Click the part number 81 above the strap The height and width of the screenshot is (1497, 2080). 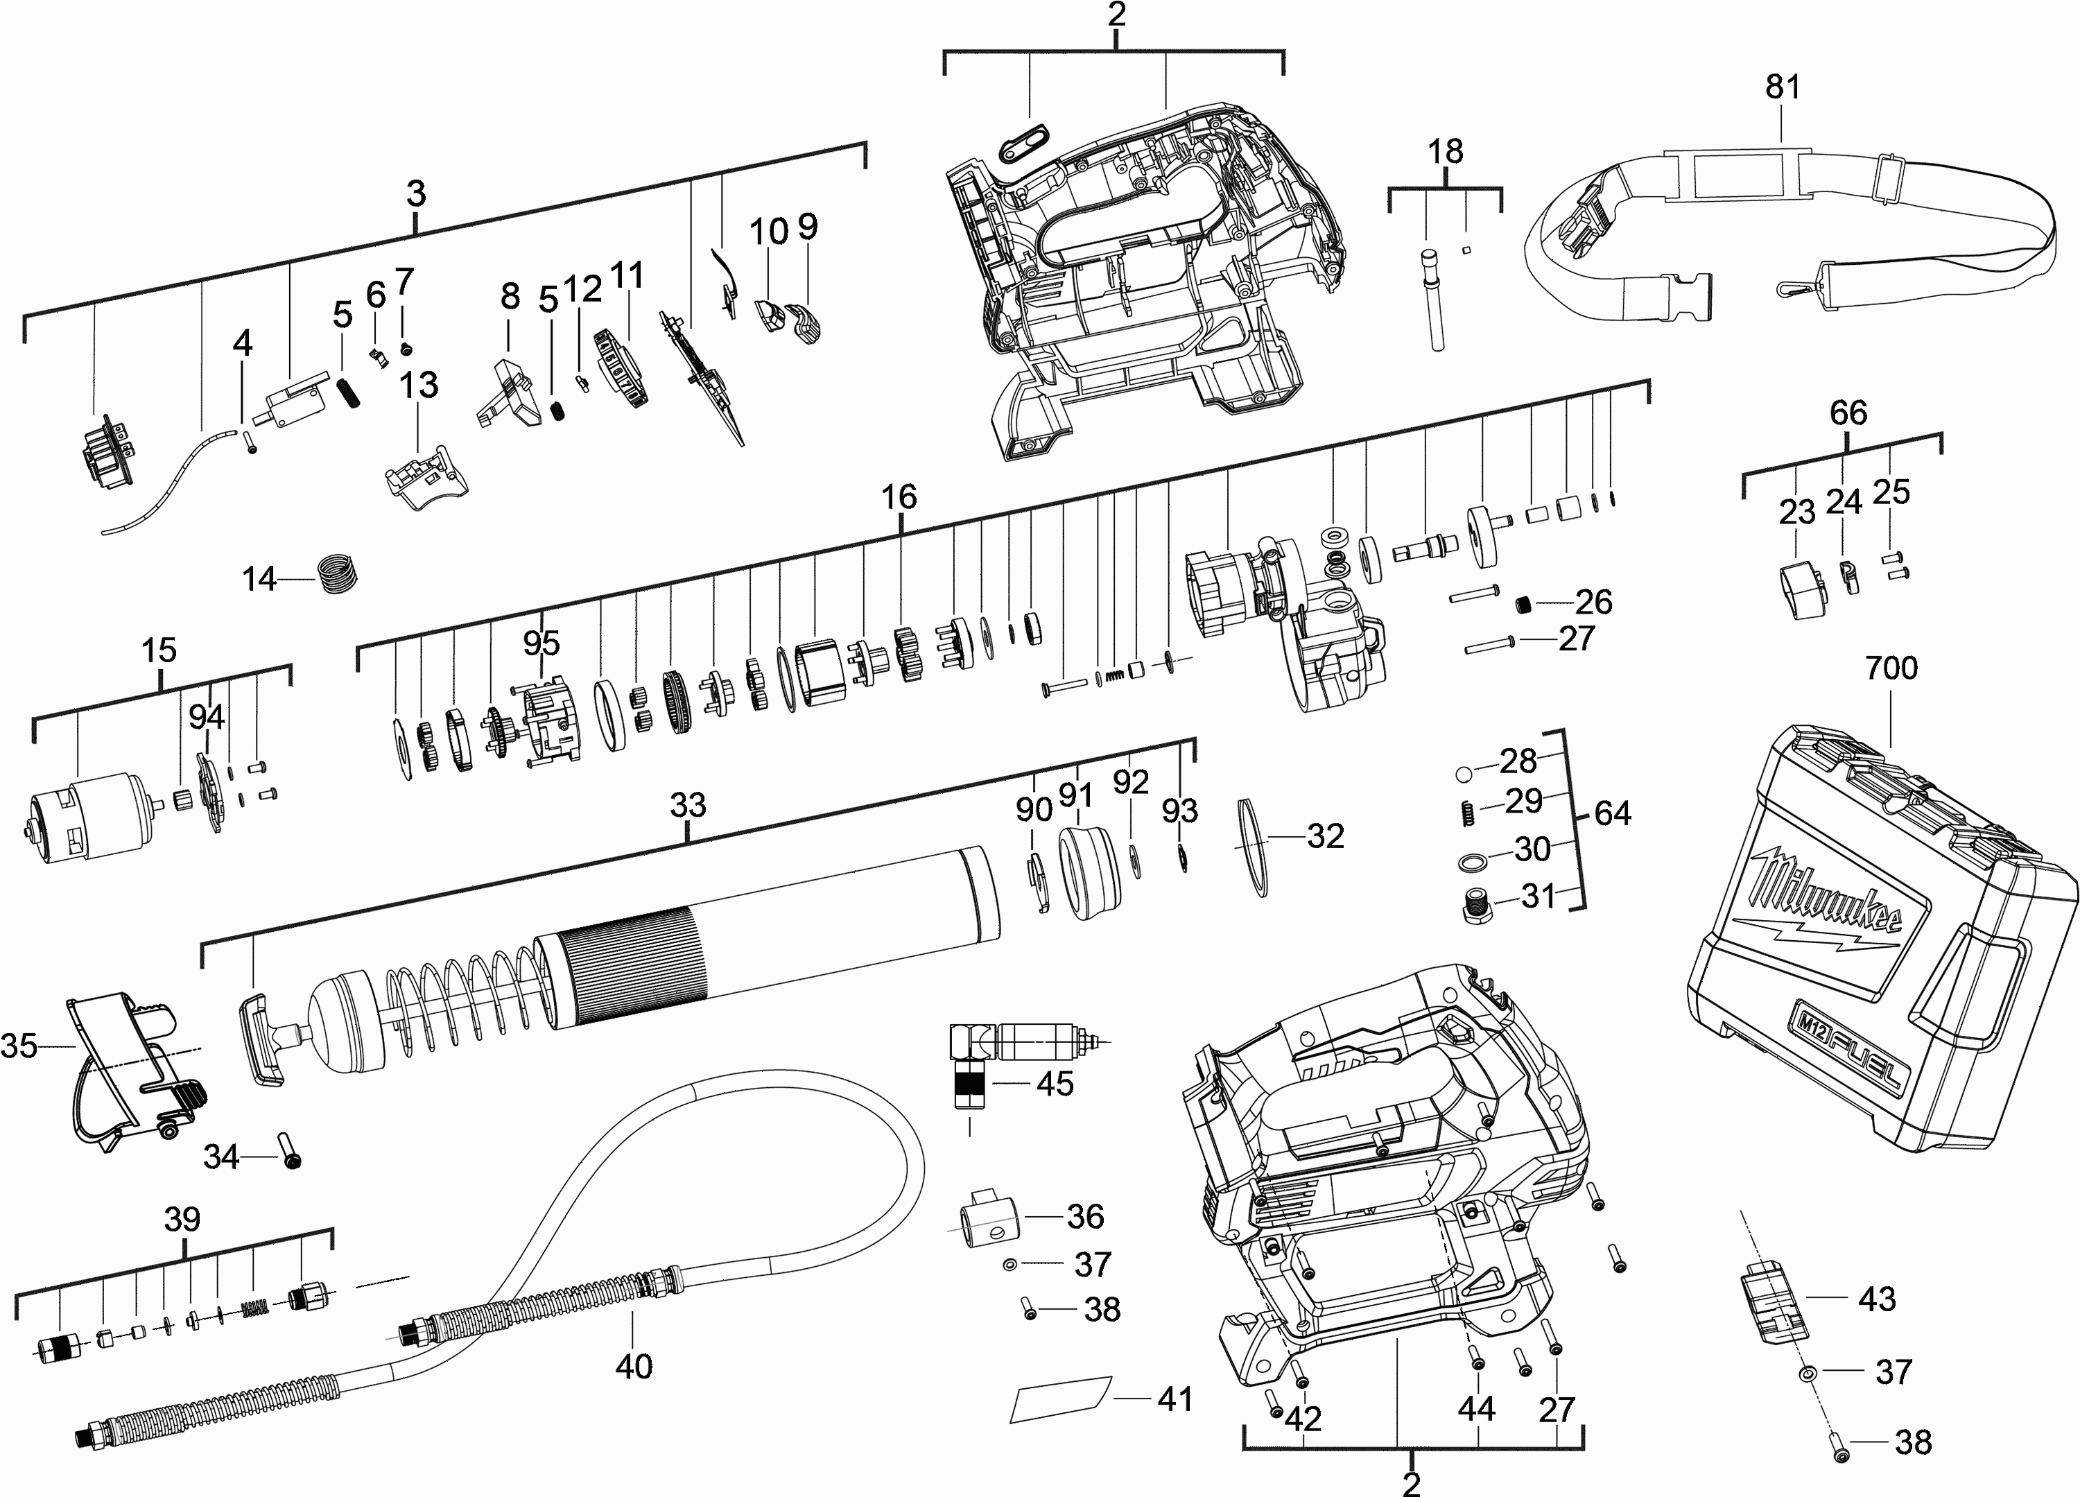coord(1782,87)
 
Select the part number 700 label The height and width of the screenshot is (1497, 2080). coord(1891,668)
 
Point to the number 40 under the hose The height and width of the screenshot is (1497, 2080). coord(634,1366)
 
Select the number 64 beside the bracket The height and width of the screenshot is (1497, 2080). coord(1612,813)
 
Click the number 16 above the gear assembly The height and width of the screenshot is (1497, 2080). coord(899,497)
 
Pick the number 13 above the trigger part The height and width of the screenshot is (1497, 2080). coord(418,386)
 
